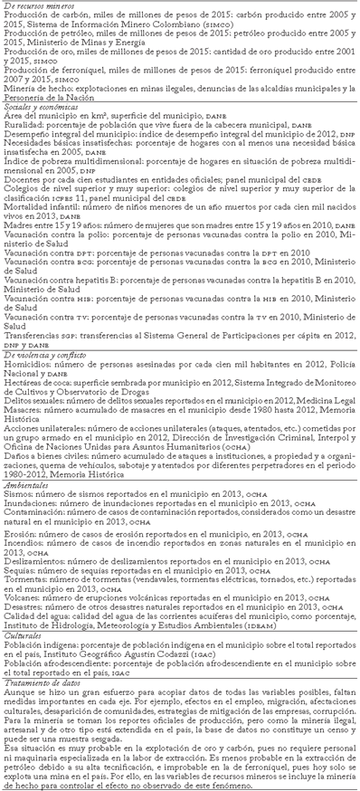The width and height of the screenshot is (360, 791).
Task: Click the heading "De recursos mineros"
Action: point(39,7)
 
